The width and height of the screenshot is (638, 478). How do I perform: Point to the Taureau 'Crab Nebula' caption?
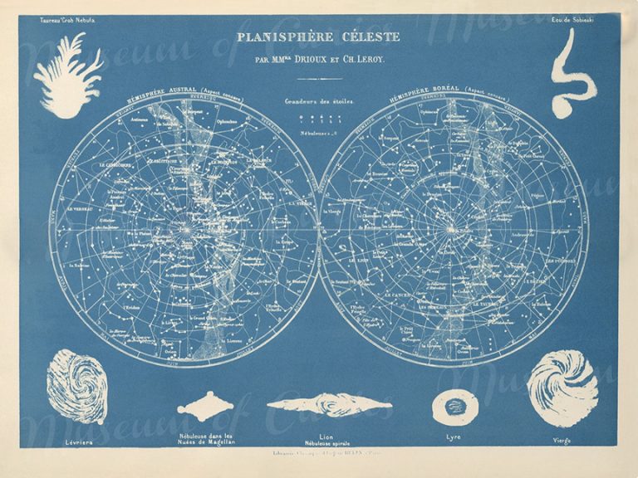57,18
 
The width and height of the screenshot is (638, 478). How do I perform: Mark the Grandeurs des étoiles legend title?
317,102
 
